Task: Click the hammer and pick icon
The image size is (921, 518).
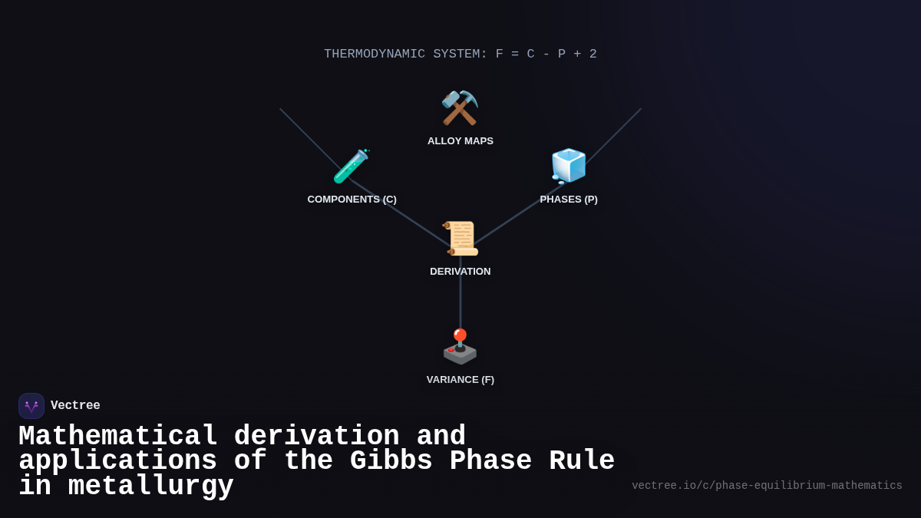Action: [x=460, y=108]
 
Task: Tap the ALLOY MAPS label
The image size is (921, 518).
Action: [x=460, y=141]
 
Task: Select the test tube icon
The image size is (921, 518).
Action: [x=352, y=167]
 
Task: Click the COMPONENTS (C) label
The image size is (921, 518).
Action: [x=352, y=200]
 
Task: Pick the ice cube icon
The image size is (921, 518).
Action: [x=569, y=167]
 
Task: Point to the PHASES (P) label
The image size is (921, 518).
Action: [x=569, y=200]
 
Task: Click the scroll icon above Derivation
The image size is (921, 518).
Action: [x=460, y=239]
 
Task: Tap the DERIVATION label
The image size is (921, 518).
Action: [x=460, y=272]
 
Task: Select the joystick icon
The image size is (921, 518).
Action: [x=460, y=347]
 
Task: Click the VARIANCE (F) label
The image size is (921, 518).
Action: [x=460, y=380]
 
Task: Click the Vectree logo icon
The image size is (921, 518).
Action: [x=31, y=406]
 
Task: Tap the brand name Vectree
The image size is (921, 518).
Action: [x=75, y=406]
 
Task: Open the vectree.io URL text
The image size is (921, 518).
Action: [x=767, y=486]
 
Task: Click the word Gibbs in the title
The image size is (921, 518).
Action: [x=391, y=461]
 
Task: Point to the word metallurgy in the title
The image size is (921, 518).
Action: [x=151, y=487]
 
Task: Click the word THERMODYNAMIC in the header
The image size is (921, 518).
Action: [x=375, y=54]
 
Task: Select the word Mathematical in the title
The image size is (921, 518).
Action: [x=118, y=437]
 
